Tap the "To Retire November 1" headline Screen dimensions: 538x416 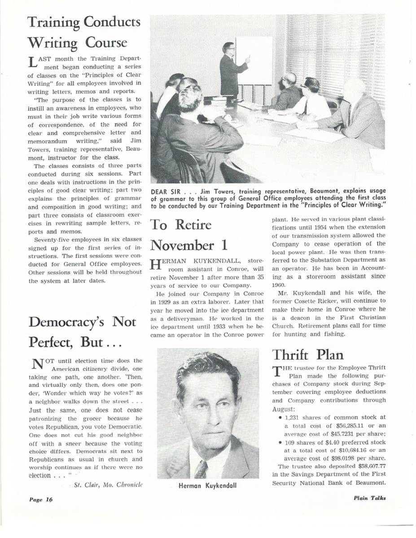pyautogui.click(x=188, y=234)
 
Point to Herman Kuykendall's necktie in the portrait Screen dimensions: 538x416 pyautogui.click(x=201, y=469)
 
